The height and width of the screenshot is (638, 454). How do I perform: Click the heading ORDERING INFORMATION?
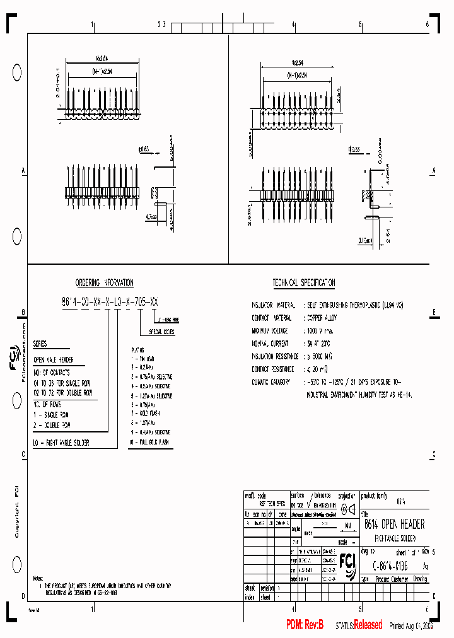tap(104, 283)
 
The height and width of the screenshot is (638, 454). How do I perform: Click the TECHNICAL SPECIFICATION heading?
tap(303, 283)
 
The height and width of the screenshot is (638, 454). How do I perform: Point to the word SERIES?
tap(39, 344)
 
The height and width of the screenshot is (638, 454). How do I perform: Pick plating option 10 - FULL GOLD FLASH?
tap(149, 443)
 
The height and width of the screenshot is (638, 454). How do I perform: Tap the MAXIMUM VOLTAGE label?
tap(270, 330)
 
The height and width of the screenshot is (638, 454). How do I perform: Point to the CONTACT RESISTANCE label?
tap(272, 369)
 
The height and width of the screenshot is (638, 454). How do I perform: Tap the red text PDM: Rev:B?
tap(305, 625)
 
